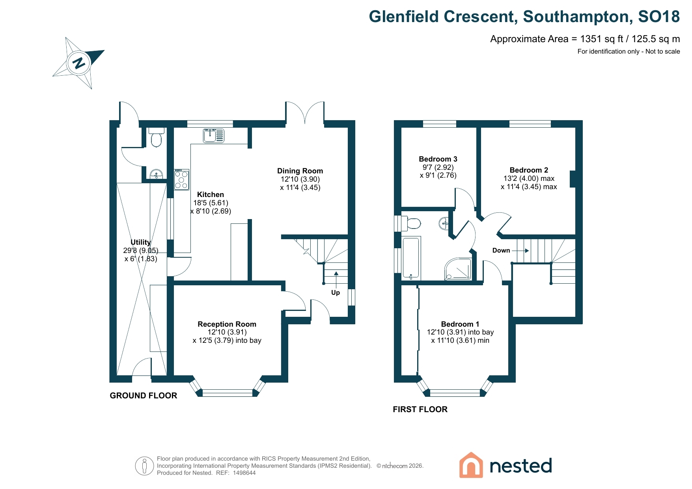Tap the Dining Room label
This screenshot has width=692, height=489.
click(300, 171)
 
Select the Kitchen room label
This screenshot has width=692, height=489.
click(211, 195)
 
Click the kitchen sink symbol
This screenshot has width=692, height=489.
click(214, 136)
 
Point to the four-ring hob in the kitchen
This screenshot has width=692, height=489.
click(182, 179)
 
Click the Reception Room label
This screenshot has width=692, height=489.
click(227, 324)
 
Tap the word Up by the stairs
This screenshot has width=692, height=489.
click(336, 292)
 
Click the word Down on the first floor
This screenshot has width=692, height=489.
click(501, 251)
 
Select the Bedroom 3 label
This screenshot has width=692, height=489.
click(438, 159)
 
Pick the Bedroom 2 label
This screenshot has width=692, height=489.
click(529, 170)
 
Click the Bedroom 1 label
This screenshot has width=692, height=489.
click(460, 324)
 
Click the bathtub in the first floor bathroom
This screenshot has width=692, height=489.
click(411, 258)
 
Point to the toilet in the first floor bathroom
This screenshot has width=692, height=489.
click(411, 223)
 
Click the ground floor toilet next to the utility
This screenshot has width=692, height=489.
click(157, 137)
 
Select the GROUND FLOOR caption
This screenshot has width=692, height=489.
click(144, 396)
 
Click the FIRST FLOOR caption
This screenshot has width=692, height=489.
click(420, 409)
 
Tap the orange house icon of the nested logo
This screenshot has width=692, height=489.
click(471, 465)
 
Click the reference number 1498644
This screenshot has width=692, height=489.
click(244, 473)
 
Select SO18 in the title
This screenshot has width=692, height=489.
click(659, 17)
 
